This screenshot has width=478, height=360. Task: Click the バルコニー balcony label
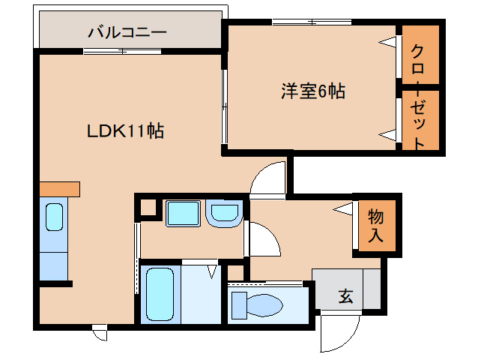coord(127,32)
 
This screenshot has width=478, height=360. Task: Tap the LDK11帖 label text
coord(125,131)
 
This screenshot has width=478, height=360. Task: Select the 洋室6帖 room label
coord(313,91)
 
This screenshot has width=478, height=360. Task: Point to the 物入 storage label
coord(375,226)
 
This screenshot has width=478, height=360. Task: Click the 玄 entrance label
coord(345,295)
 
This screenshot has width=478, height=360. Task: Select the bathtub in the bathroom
coord(160,295)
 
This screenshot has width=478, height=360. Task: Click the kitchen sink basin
coord(54,217)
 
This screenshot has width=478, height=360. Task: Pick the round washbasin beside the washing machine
coord(224,213)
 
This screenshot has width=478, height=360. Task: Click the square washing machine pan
coord(183,214)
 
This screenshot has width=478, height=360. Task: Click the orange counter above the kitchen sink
coord(60,189)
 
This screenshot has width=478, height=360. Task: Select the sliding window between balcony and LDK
coord(122,51)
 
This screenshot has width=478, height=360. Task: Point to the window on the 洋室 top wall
coord(312,22)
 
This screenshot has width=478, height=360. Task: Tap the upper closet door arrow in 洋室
coord(388,43)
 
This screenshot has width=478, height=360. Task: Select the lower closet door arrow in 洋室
coord(388,135)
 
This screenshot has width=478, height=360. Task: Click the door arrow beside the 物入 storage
coord(342,209)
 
